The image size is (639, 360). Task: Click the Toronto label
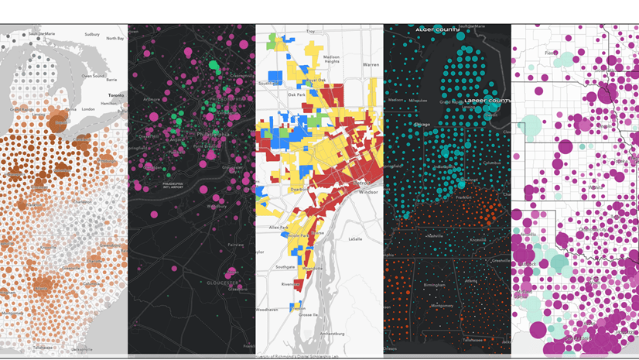115,95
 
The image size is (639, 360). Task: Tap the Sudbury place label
92,34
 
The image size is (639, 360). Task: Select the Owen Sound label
94,76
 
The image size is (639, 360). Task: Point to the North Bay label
114,38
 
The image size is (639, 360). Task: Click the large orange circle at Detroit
57,122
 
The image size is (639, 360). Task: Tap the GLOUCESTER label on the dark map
222,283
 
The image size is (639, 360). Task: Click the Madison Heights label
331,60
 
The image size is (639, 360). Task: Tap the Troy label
311,32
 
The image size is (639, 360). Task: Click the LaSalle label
356,239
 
